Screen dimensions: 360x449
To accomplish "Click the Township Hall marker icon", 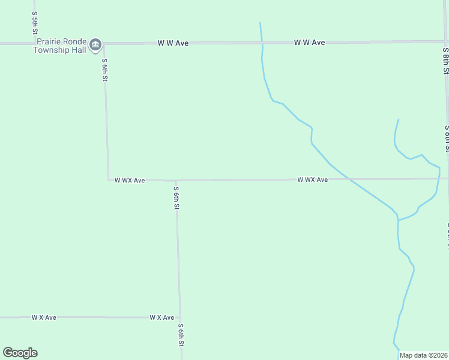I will [x=95, y=45].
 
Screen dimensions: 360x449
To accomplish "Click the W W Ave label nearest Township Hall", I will [x=173, y=43].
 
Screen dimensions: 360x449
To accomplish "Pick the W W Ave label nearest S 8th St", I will [x=309, y=43].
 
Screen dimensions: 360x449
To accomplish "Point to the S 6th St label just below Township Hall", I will [x=104, y=69].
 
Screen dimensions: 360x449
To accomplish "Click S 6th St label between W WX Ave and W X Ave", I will [x=176, y=198].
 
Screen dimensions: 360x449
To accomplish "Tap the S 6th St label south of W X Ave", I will [x=180, y=335].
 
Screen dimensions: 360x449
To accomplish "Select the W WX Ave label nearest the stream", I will [x=312, y=180].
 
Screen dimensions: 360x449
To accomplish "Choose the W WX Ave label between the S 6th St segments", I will [x=130, y=180].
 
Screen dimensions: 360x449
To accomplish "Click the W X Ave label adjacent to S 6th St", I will [x=161, y=317].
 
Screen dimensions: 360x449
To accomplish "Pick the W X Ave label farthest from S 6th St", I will [x=44, y=317].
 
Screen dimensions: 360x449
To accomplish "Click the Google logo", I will [x=20, y=353].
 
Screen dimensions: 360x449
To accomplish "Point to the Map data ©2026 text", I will [x=423, y=355].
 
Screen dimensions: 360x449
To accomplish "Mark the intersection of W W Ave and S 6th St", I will [x=103, y=43].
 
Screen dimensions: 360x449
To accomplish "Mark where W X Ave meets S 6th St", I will [x=179, y=317].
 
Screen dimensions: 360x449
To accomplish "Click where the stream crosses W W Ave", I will [x=261, y=42].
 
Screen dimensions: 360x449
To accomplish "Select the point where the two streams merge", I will [x=398, y=220].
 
